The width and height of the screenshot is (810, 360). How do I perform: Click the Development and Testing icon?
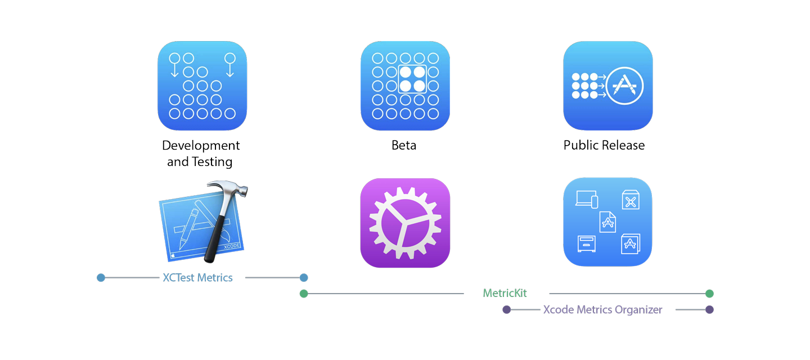coord(202,85)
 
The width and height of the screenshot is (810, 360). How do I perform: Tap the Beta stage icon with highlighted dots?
coord(405,85)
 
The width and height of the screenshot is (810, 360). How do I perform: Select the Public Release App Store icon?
coord(607,85)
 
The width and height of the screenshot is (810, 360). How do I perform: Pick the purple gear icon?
coord(405,223)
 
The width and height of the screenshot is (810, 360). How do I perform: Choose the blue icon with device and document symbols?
coord(607,222)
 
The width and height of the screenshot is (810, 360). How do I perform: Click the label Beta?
coord(404,146)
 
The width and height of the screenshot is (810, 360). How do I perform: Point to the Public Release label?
coord(604,146)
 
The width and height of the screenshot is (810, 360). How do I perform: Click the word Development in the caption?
coord(201,146)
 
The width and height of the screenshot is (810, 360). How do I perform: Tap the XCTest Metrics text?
coord(197,278)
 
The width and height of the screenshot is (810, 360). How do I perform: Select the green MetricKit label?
coord(505,294)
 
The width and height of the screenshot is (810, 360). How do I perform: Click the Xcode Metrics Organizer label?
coord(602,310)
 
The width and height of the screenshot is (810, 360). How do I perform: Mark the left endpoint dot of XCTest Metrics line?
coord(101,278)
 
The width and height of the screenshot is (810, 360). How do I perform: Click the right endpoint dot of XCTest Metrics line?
coord(304,278)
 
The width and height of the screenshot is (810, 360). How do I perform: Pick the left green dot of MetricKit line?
coord(304,294)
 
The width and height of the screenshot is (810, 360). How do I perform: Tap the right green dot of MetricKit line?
coord(709,294)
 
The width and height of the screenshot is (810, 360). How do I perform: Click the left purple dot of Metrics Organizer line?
coord(506,310)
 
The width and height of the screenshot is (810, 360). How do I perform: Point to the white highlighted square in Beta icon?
coord(412,79)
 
